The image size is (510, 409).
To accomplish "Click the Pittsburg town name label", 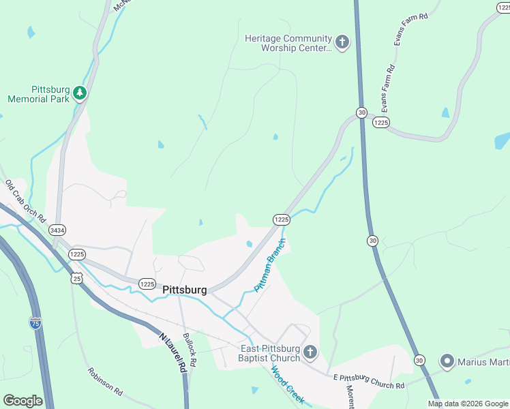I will click(x=185, y=290).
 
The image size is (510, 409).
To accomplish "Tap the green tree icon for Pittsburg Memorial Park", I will click(x=80, y=93).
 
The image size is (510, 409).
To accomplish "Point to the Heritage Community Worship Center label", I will click(x=288, y=44).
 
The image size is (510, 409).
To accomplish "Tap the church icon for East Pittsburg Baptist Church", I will click(x=310, y=352).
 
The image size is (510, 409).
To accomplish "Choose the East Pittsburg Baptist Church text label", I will click(x=270, y=353).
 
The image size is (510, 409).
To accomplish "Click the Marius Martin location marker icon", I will click(x=447, y=361).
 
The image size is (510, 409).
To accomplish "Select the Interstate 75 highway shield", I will click(x=35, y=322).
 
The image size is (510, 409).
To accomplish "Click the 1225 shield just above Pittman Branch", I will click(x=282, y=219).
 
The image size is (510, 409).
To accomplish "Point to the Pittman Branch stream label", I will click(x=269, y=265).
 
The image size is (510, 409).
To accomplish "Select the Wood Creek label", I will click(x=288, y=385).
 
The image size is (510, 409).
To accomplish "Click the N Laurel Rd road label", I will click(x=172, y=352).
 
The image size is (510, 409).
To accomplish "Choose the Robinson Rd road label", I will click(x=104, y=382).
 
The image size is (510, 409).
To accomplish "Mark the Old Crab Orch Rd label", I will click(x=25, y=201).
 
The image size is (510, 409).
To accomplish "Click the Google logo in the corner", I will click(x=22, y=401).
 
